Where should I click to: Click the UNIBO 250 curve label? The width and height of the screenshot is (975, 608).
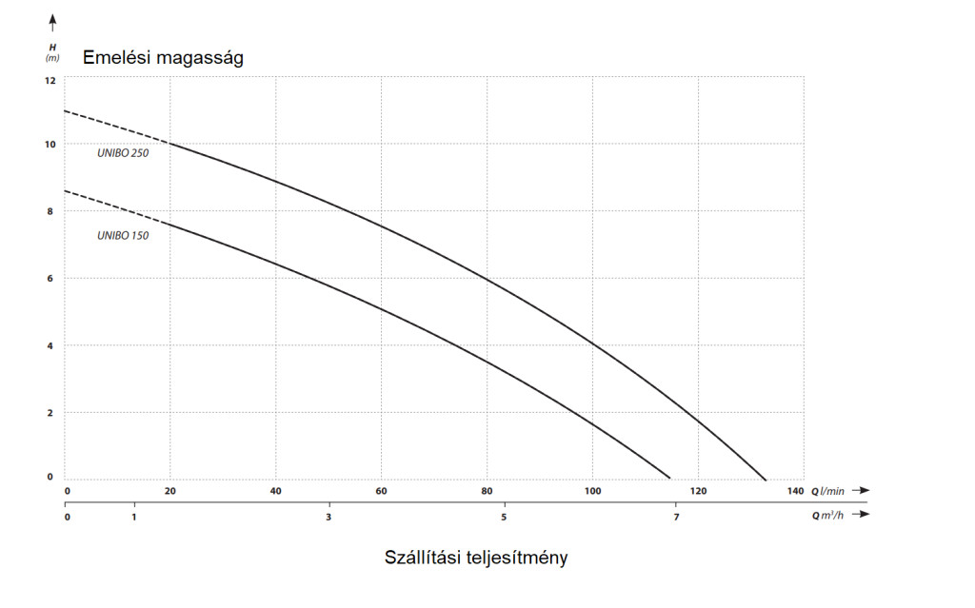pyautogui.click(x=123, y=153)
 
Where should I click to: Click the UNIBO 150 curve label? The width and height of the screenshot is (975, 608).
pyautogui.click(x=123, y=235)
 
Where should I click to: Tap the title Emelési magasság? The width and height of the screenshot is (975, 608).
pyautogui.click(x=164, y=58)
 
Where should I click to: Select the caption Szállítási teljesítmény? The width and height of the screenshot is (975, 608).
pyautogui.click(x=476, y=558)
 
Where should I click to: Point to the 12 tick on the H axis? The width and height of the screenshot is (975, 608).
pyautogui.click(x=50, y=80)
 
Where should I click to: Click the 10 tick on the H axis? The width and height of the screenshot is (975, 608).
pyautogui.click(x=50, y=144)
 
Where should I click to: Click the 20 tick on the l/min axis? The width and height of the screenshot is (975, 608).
pyautogui.click(x=170, y=491)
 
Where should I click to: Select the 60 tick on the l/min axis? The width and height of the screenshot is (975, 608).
pyautogui.click(x=381, y=491)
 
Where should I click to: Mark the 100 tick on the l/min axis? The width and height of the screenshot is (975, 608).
pyautogui.click(x=592, y=491)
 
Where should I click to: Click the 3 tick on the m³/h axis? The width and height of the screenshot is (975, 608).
pyautogui.click(x=329, y=517)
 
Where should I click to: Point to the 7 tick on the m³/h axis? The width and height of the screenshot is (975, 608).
pyautogui.click(x=677, y=517)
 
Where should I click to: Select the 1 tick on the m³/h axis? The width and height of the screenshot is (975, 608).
pyautogui.click(x=134, y=517)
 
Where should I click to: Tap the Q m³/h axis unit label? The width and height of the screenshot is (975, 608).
pyautogui.click(x=827, y=516)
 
